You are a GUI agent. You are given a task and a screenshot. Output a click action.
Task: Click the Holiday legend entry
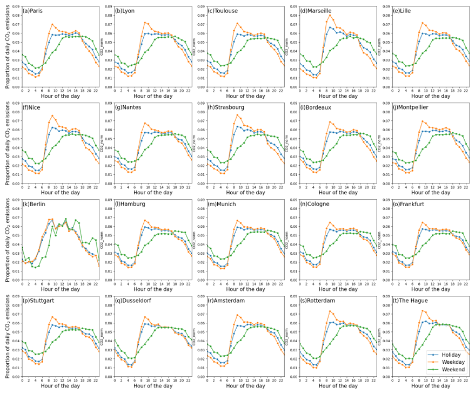tap(451, 354)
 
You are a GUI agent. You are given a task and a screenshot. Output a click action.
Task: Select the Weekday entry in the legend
tap(452, 362)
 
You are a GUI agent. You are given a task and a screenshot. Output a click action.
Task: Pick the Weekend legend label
tap(452, 369)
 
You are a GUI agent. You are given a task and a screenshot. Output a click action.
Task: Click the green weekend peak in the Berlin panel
tap(66, 219)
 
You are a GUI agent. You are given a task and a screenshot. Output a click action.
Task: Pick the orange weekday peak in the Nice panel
tap(52, 116)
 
